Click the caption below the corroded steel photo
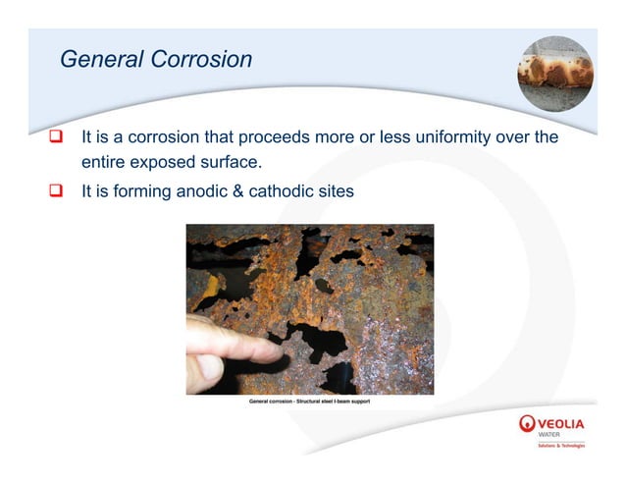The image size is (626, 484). (x=309, y=401)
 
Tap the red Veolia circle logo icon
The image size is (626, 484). (x=527, y=423)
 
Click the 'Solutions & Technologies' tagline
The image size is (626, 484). (x=561, y=446)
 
